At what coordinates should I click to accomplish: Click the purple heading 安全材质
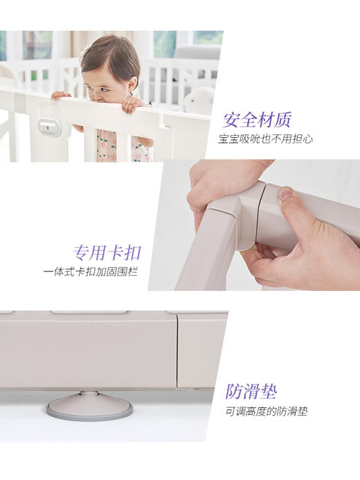[257, 120]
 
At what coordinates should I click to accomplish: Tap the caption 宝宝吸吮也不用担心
[265, 139]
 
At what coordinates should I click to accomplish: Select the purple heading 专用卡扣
[105, 251]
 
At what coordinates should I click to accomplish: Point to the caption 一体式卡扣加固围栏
[89, 272]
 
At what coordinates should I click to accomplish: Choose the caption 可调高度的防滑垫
[266, 411]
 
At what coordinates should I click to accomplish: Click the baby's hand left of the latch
[61, 95]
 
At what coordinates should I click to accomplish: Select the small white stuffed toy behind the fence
[200, 100]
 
